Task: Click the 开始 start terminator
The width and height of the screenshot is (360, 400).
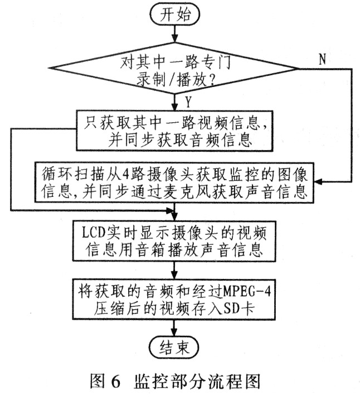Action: click(174, 16)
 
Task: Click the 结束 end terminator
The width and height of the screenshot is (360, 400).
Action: click(174, 348)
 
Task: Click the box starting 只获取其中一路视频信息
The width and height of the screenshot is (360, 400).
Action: click(176, 129)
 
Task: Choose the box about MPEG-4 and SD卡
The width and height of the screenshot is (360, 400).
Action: click(176, 299)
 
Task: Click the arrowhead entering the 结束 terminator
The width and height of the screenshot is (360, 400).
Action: click(174, 333)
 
